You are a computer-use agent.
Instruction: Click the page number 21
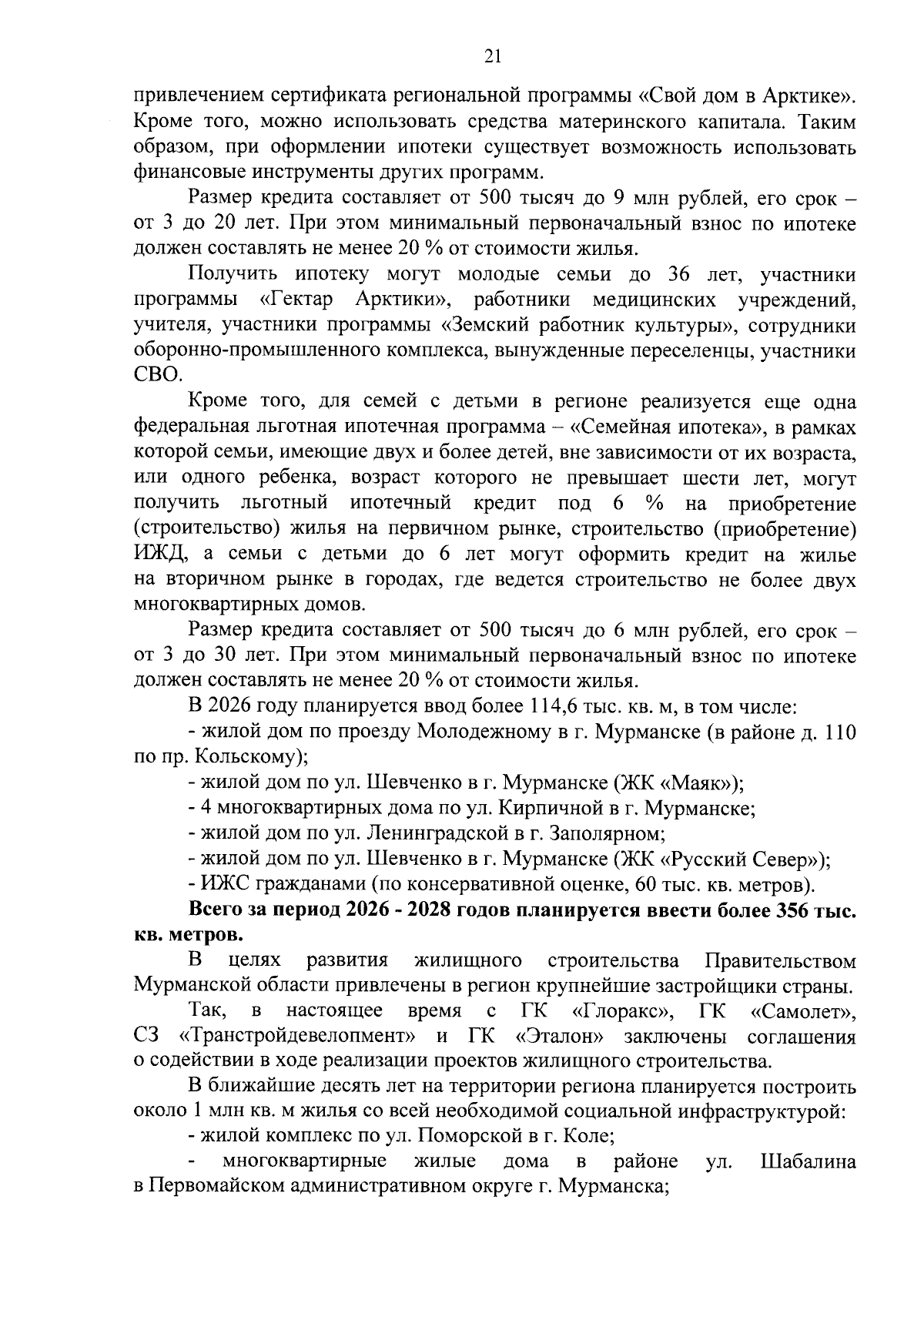click(493, 55)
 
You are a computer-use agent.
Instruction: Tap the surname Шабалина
click(808, 1161)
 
